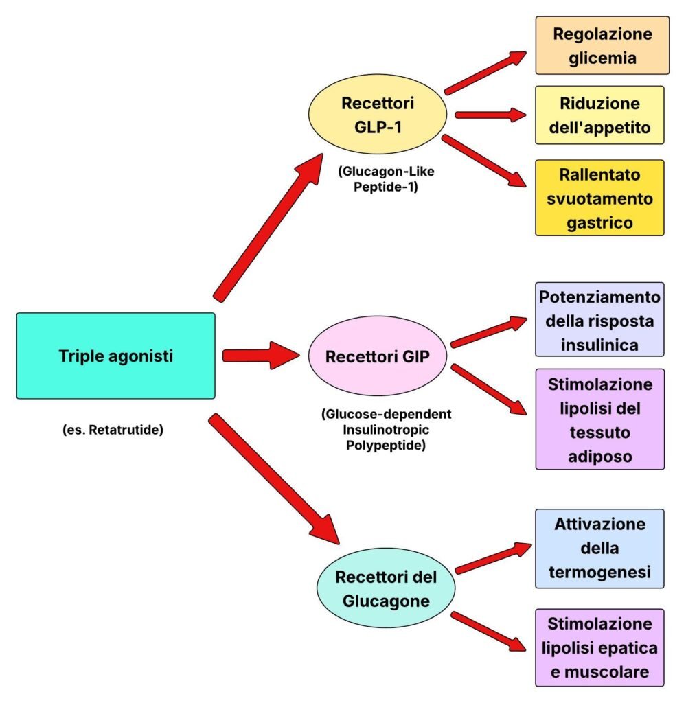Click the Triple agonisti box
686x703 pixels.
(x=115, y=356)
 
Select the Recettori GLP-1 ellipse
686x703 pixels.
(x=378, y=116)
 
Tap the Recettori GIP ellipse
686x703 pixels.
(x=377, y=357)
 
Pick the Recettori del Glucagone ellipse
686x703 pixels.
(x=386, y=588)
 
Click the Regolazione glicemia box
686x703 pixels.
(x=602, y=45)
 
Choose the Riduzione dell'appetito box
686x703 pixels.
(x=599, y=115)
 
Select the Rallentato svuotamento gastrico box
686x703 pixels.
(x=599, y=198)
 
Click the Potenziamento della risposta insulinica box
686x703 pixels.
(x=599, y=319)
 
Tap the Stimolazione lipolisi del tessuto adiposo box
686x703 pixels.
(x=599, y=419)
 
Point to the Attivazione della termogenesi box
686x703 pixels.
(x=599, y=548)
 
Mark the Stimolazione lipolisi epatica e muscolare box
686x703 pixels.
(x=599, y=647)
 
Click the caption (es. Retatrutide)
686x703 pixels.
(x=112, y=431)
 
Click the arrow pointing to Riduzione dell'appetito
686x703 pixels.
(x=489, y=115)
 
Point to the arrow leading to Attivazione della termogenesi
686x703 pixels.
(x=493, y=557)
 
